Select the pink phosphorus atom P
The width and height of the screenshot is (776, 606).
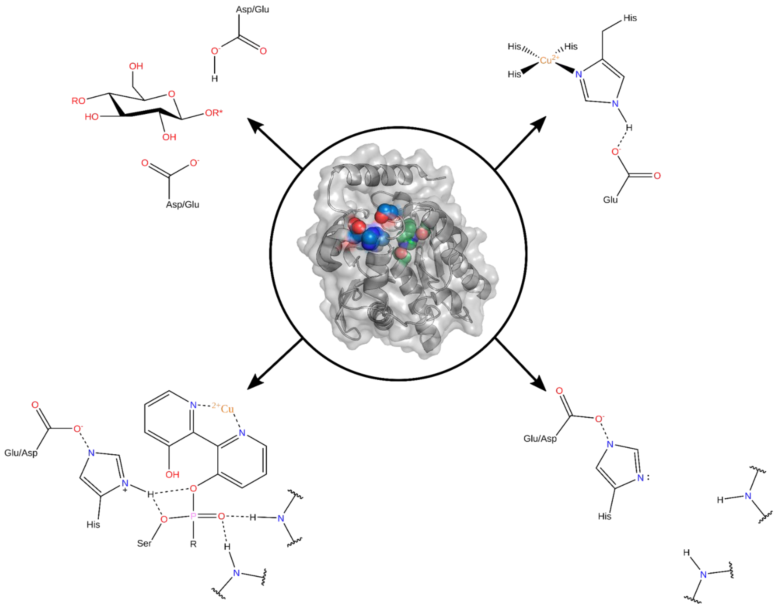[193, 516]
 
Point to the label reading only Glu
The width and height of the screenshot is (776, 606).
[610, 200]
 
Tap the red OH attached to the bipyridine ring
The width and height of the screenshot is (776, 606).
[172, 474]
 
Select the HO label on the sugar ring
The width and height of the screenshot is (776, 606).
[91, 117]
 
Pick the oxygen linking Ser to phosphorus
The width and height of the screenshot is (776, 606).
[164, 519]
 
